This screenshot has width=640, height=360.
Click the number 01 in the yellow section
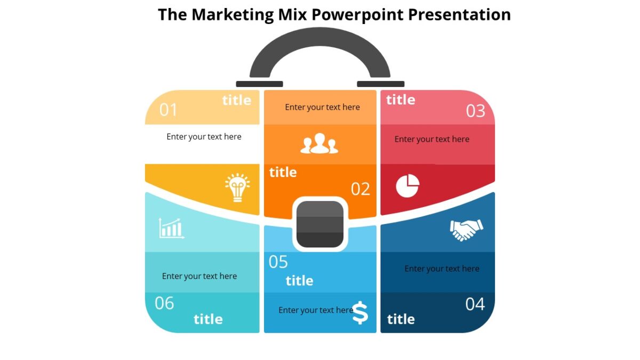point(168,110)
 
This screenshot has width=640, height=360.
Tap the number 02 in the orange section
point(360,189)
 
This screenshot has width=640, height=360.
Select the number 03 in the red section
point(475,111)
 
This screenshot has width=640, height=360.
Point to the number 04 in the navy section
point(475,304)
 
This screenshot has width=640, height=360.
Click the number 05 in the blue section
point(278,262)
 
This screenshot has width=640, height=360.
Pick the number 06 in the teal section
point(164,303)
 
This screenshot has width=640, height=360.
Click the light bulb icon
point(237,187)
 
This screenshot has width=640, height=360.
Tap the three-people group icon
point(319,144)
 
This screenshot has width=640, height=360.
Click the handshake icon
point(466,230)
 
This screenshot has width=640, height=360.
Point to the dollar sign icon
point(360,313)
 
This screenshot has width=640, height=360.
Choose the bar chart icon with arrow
point(171,228)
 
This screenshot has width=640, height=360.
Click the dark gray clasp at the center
point(320,224)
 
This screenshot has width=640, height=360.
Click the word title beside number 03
point(401,100)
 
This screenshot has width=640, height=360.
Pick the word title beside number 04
point(401,319)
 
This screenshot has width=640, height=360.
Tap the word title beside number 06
point(208,319)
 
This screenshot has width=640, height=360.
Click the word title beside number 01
point(236,100)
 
